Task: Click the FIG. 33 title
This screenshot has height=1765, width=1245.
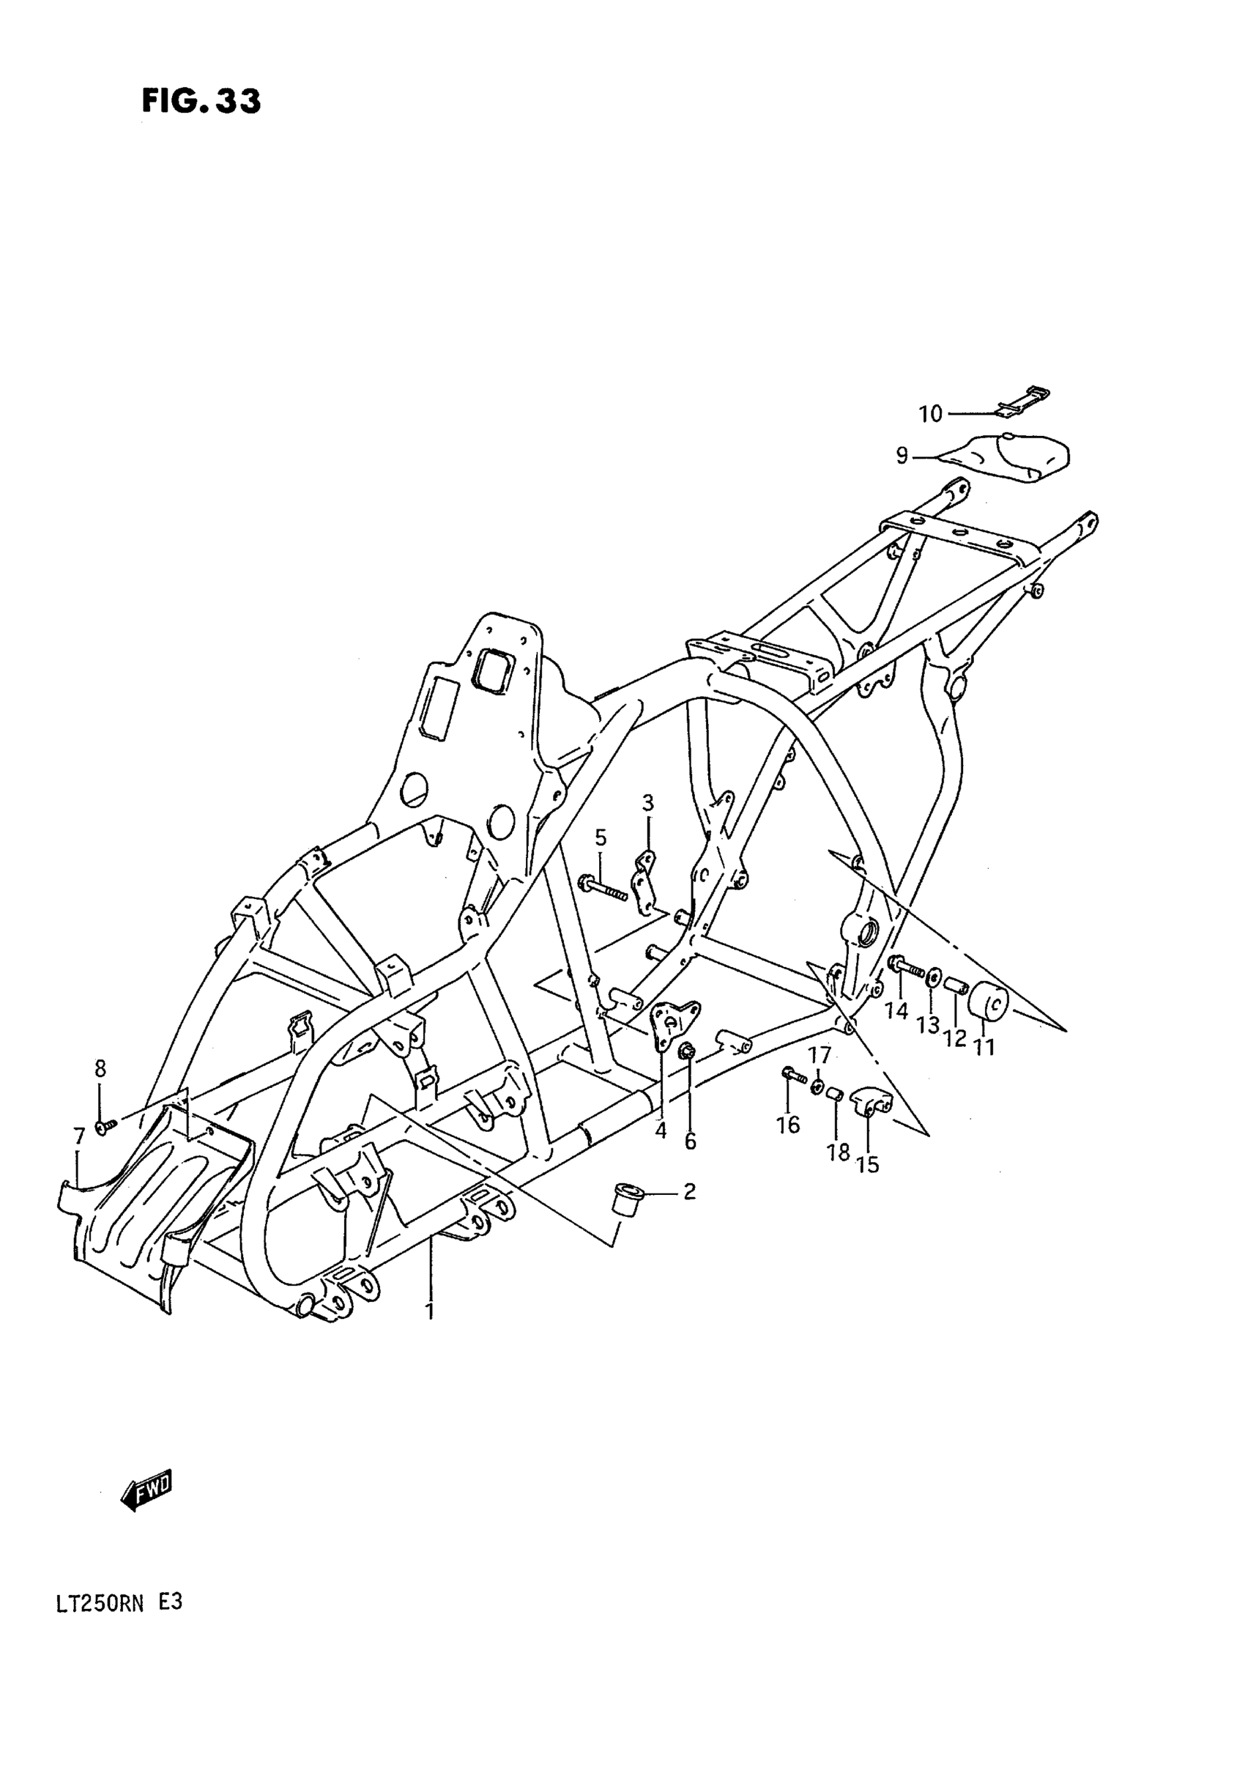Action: (201, 101)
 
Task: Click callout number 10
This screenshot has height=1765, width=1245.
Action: (930, 415)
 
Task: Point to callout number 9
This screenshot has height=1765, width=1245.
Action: (902, 456)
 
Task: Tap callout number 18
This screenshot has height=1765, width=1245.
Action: (839, 1151)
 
